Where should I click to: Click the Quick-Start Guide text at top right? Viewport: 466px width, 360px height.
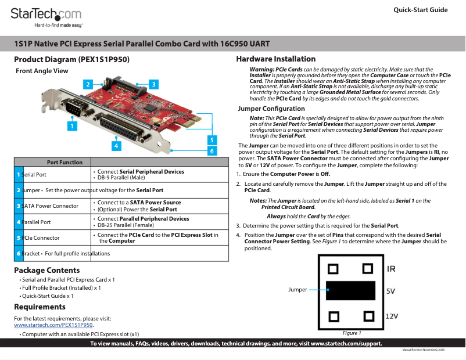420,10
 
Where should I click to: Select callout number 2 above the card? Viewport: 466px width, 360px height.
87,85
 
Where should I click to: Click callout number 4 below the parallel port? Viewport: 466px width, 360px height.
117,146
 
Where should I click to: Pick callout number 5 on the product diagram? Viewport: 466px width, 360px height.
212,140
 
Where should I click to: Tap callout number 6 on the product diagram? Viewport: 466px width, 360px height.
212,151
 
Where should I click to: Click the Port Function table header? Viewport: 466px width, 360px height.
64,162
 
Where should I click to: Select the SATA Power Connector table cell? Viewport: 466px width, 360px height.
50,206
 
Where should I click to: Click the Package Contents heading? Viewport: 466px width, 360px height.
46,270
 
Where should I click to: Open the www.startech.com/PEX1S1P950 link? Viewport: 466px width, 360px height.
53,325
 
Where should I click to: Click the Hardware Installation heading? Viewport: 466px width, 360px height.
275,59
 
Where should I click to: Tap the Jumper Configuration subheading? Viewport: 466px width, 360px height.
271,109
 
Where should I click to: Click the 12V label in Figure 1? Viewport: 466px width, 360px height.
392,316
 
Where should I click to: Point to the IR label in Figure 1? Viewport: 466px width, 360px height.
392,269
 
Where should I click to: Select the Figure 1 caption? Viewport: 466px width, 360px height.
352,333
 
